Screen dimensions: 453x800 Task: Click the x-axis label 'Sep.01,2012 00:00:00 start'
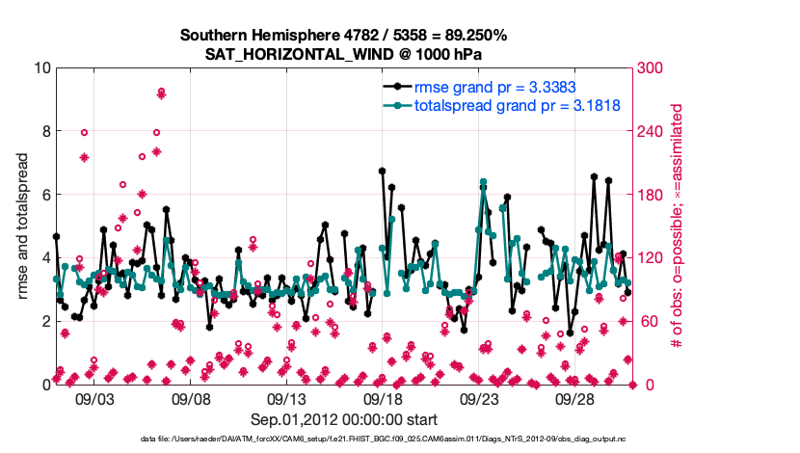tap(344, 420)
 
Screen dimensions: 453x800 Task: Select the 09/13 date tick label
tap(286, 398)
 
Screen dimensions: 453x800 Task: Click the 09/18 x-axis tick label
tap(383, 398)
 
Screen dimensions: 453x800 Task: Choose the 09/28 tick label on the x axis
tap(574, 398)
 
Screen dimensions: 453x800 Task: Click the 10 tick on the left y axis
tap(42, 68)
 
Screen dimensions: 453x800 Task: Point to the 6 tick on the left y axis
tap(46, 195)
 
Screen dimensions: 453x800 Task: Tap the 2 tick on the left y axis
tap(46, 321)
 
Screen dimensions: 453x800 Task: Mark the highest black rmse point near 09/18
tap(382, 171)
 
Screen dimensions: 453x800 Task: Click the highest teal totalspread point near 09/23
tap(483, 182)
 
